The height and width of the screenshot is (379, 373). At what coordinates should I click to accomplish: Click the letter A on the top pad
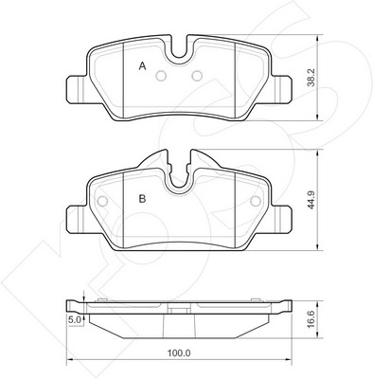pos(143,66)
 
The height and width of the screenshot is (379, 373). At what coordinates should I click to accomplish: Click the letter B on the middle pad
pos(143,199)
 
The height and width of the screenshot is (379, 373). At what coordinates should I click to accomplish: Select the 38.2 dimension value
pos(312,78)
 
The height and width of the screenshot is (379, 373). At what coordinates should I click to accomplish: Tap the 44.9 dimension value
pos(312,200)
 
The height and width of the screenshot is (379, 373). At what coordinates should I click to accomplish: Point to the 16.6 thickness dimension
pos(312,319)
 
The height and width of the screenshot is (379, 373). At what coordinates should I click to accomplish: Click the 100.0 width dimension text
pos(178,352)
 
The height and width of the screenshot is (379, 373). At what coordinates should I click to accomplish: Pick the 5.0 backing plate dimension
pos(75,320)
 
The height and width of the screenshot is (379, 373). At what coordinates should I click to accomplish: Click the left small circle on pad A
pos(162,76)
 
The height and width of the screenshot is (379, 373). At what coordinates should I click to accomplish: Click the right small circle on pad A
pos(198,76)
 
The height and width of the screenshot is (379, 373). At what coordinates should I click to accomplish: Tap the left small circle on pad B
pos(103,201)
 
